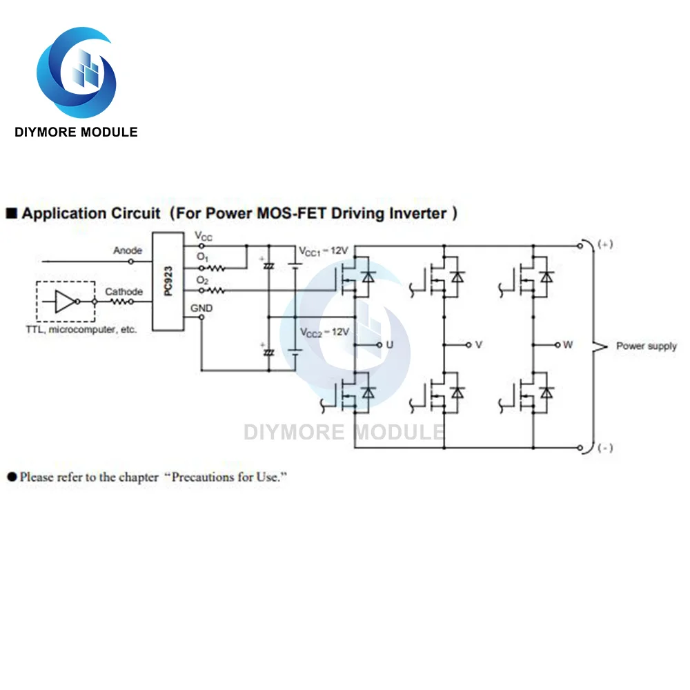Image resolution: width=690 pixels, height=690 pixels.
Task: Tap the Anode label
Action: pos(128,250)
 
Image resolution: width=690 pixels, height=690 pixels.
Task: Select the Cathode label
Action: pos(124,292)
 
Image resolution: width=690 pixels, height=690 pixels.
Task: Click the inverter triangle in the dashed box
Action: pos(64,302)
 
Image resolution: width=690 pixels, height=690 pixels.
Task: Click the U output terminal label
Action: pos(389,344)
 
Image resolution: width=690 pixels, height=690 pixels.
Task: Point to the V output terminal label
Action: pos(478,344)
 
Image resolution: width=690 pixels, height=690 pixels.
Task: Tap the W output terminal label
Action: pos(567,344)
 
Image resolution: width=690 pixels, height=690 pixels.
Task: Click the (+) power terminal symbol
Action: pos(604,244)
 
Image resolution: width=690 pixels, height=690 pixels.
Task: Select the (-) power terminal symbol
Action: pos(604,448)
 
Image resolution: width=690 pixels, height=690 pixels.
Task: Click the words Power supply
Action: pos(647,346)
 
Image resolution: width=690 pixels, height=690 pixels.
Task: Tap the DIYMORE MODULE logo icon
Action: pos(76,72)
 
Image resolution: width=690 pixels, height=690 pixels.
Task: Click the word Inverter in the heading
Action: pos(413,213)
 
